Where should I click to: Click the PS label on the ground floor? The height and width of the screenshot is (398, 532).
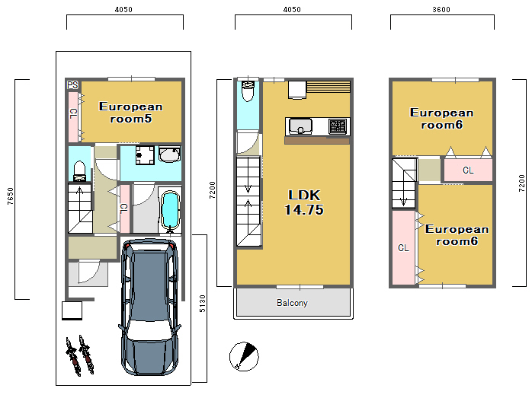(x=72, y=84)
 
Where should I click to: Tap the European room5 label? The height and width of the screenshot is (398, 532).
(x=130, y=113)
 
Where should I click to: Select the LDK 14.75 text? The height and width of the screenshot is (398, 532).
(x=304, y=202)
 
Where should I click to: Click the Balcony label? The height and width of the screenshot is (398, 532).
(x=292, y=302)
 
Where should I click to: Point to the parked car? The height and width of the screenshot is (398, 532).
(x=149, y=307)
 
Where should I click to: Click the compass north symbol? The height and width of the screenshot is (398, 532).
(x=244, y=356)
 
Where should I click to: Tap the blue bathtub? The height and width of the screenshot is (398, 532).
(x=170, y=210)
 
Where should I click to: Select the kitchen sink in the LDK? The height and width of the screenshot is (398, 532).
(x=300, y=126)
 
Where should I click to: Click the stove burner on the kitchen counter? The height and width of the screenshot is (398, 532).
(x=338, y=126)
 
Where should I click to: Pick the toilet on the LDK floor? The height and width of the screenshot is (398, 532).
(x=248, y=91)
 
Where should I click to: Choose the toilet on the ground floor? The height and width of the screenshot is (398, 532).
(x=79, y=171)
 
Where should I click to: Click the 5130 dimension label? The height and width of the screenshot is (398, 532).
(x=202, y=304)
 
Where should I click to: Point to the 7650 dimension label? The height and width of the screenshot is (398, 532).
(x=10, y=196)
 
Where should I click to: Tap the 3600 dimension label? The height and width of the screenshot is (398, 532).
(x=441, y=9)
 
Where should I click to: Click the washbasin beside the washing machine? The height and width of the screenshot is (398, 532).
(x=170, y=154)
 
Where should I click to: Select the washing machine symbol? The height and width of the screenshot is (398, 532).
(x=145, y=155)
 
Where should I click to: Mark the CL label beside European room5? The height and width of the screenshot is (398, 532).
(x=73, y=113)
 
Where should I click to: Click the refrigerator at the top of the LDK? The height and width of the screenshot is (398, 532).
(x=297, y=90)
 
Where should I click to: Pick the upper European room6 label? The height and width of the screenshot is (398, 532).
(x=441, y=119)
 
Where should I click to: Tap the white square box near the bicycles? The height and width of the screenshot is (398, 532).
(x=72, y=310)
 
